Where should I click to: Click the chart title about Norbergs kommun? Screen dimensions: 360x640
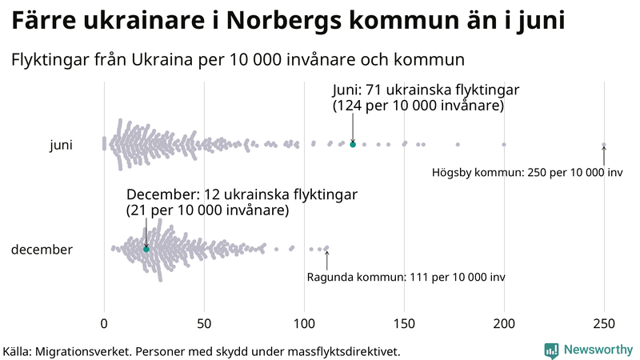coord(288,22)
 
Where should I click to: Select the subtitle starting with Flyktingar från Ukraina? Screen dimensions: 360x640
coord(238,60)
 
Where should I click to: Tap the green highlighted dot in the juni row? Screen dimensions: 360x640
coord(353,144)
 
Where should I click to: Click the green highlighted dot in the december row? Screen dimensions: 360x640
coord(146,250)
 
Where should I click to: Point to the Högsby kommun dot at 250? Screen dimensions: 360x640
coord(604,145)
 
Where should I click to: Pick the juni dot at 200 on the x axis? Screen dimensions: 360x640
coord(504,145)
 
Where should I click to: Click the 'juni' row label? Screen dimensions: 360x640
coord(61,145)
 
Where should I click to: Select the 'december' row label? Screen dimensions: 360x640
coord(42,250)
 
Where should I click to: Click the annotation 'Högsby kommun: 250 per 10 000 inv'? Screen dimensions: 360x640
coord(527,172)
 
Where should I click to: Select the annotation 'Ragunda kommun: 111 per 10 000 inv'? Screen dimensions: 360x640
coord(406,277)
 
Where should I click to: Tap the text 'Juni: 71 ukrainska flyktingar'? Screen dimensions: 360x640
coord(427,90)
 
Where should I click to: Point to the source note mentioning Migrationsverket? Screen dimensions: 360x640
coord(201,351)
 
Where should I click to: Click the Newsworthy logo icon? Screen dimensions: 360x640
coord(551,350)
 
